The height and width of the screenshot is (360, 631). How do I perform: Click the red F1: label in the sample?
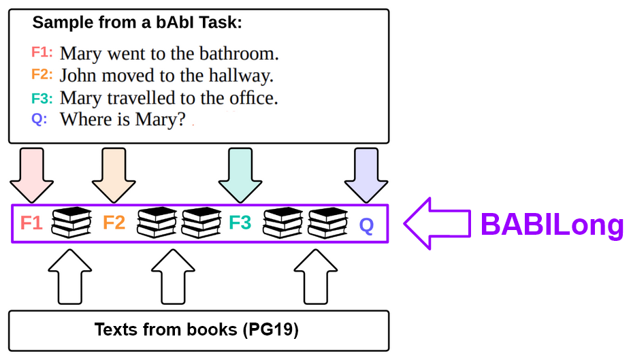42,52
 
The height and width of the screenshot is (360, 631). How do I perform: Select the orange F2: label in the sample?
42,74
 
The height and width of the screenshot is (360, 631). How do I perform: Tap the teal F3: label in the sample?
42,97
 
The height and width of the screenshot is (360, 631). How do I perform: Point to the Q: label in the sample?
39,119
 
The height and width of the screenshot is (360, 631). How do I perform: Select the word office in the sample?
249,98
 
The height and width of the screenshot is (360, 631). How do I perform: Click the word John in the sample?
77,76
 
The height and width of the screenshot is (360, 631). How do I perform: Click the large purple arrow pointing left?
436,223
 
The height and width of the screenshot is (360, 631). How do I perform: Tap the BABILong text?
552,225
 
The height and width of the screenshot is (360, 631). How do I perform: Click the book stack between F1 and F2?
72,223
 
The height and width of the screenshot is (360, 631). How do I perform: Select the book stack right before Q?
329,223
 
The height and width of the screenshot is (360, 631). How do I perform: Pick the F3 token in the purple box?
240,223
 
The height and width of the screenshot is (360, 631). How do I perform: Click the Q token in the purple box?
366,225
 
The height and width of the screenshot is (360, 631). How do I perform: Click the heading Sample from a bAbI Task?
137,22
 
